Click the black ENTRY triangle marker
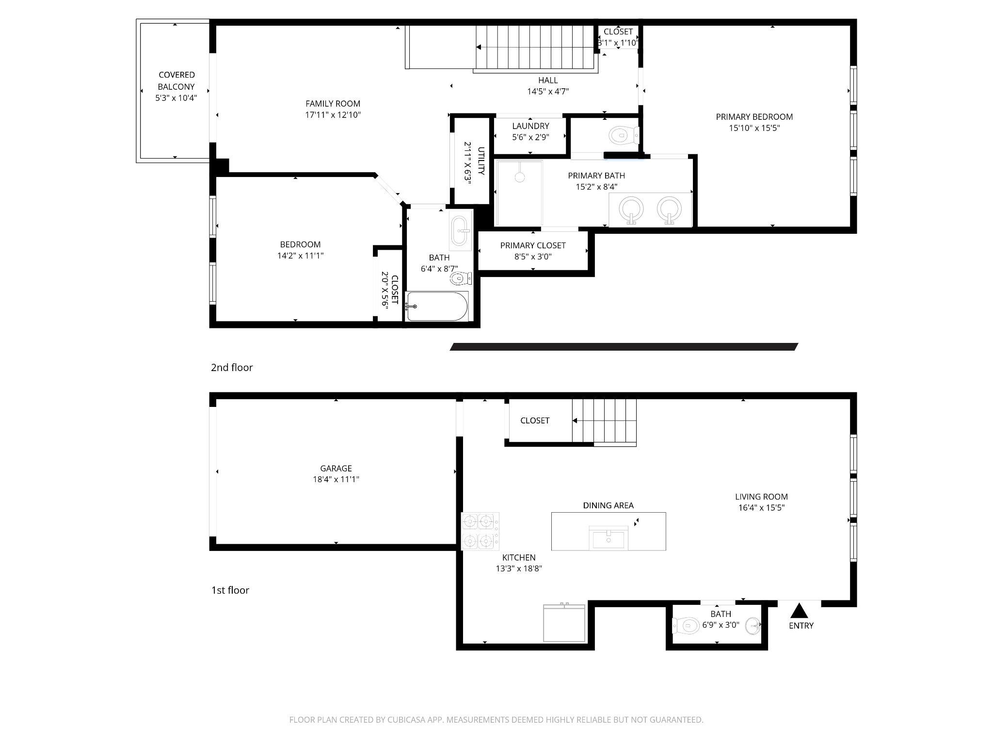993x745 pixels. click(x=800, y=609)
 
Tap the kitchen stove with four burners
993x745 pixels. click(x=480, y=531)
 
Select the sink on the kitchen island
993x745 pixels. click(x=608, y=538)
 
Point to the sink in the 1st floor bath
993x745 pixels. click(x=753, y=626)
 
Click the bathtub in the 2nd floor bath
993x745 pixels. click(x=437, y=306)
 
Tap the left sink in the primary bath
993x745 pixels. click(x=631, y=210)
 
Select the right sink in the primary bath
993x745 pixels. click(x=669, y=210)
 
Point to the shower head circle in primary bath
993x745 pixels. click(x=520, y=177)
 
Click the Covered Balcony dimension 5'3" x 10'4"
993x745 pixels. click(x=176, y=98)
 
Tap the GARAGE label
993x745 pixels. click(x=336, y=468)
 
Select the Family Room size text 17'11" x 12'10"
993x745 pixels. click(x=333, y=115)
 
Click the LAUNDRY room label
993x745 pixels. click(x=530, y=126)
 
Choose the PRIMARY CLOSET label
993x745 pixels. click(x=533, y=245)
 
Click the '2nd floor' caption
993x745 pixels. click(x=232, y=368)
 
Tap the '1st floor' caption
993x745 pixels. click(x=230, y=590)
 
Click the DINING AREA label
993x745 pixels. click(x=608, y=505)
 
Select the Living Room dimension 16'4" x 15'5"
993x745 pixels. click(x=761, y=508)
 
